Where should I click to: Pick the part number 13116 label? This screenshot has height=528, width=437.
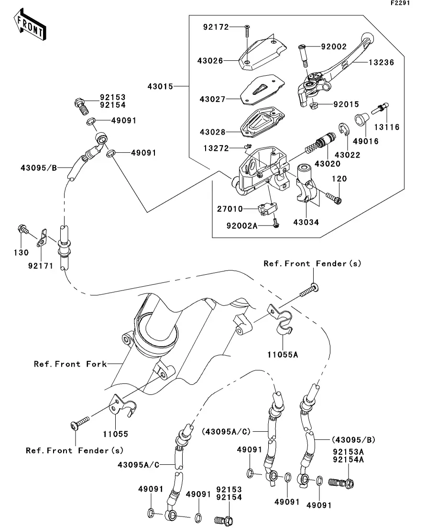coord(387,127)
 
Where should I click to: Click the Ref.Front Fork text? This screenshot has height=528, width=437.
coord(70,364)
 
